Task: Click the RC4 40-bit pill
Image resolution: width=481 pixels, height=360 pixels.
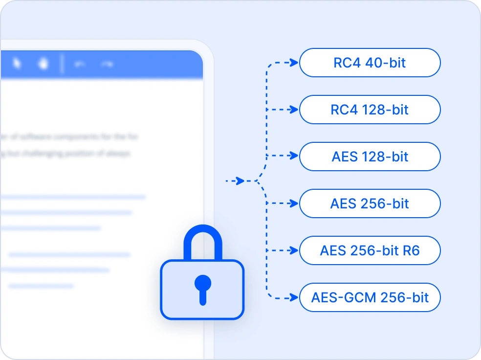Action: pos(370,63)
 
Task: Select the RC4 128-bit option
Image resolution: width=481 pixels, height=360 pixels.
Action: pos(370,110)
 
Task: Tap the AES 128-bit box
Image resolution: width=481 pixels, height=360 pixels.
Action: pos(370,157)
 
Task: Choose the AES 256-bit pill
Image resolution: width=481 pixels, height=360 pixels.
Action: pos(370,203)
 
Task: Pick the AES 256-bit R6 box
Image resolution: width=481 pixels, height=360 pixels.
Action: pos(370,250)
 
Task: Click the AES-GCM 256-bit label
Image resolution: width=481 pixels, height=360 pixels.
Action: pos(370,297)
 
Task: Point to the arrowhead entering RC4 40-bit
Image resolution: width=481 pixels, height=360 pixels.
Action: pos(293,63)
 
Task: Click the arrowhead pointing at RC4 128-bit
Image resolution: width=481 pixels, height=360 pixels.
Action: pos(293,110)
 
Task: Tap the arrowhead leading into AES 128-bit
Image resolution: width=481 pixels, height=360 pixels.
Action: pos(293,157)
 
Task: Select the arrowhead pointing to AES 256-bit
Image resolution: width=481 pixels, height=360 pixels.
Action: pos(293,203)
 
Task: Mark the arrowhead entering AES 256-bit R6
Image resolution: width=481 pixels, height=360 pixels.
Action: pos(293,250)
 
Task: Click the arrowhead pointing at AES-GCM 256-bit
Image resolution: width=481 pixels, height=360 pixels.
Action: pos(293,297)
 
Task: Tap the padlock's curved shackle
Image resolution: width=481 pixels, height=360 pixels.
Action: pos(202,240)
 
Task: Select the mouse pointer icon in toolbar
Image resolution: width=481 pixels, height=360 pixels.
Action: pos(17,64)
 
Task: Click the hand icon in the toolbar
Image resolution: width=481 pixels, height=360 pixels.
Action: pos(44,64)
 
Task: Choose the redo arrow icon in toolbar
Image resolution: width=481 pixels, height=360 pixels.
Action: pos(107,64)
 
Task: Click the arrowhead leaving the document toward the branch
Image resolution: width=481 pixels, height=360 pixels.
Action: pos(240,181)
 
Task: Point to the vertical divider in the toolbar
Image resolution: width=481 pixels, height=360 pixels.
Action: pos(62,64)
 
